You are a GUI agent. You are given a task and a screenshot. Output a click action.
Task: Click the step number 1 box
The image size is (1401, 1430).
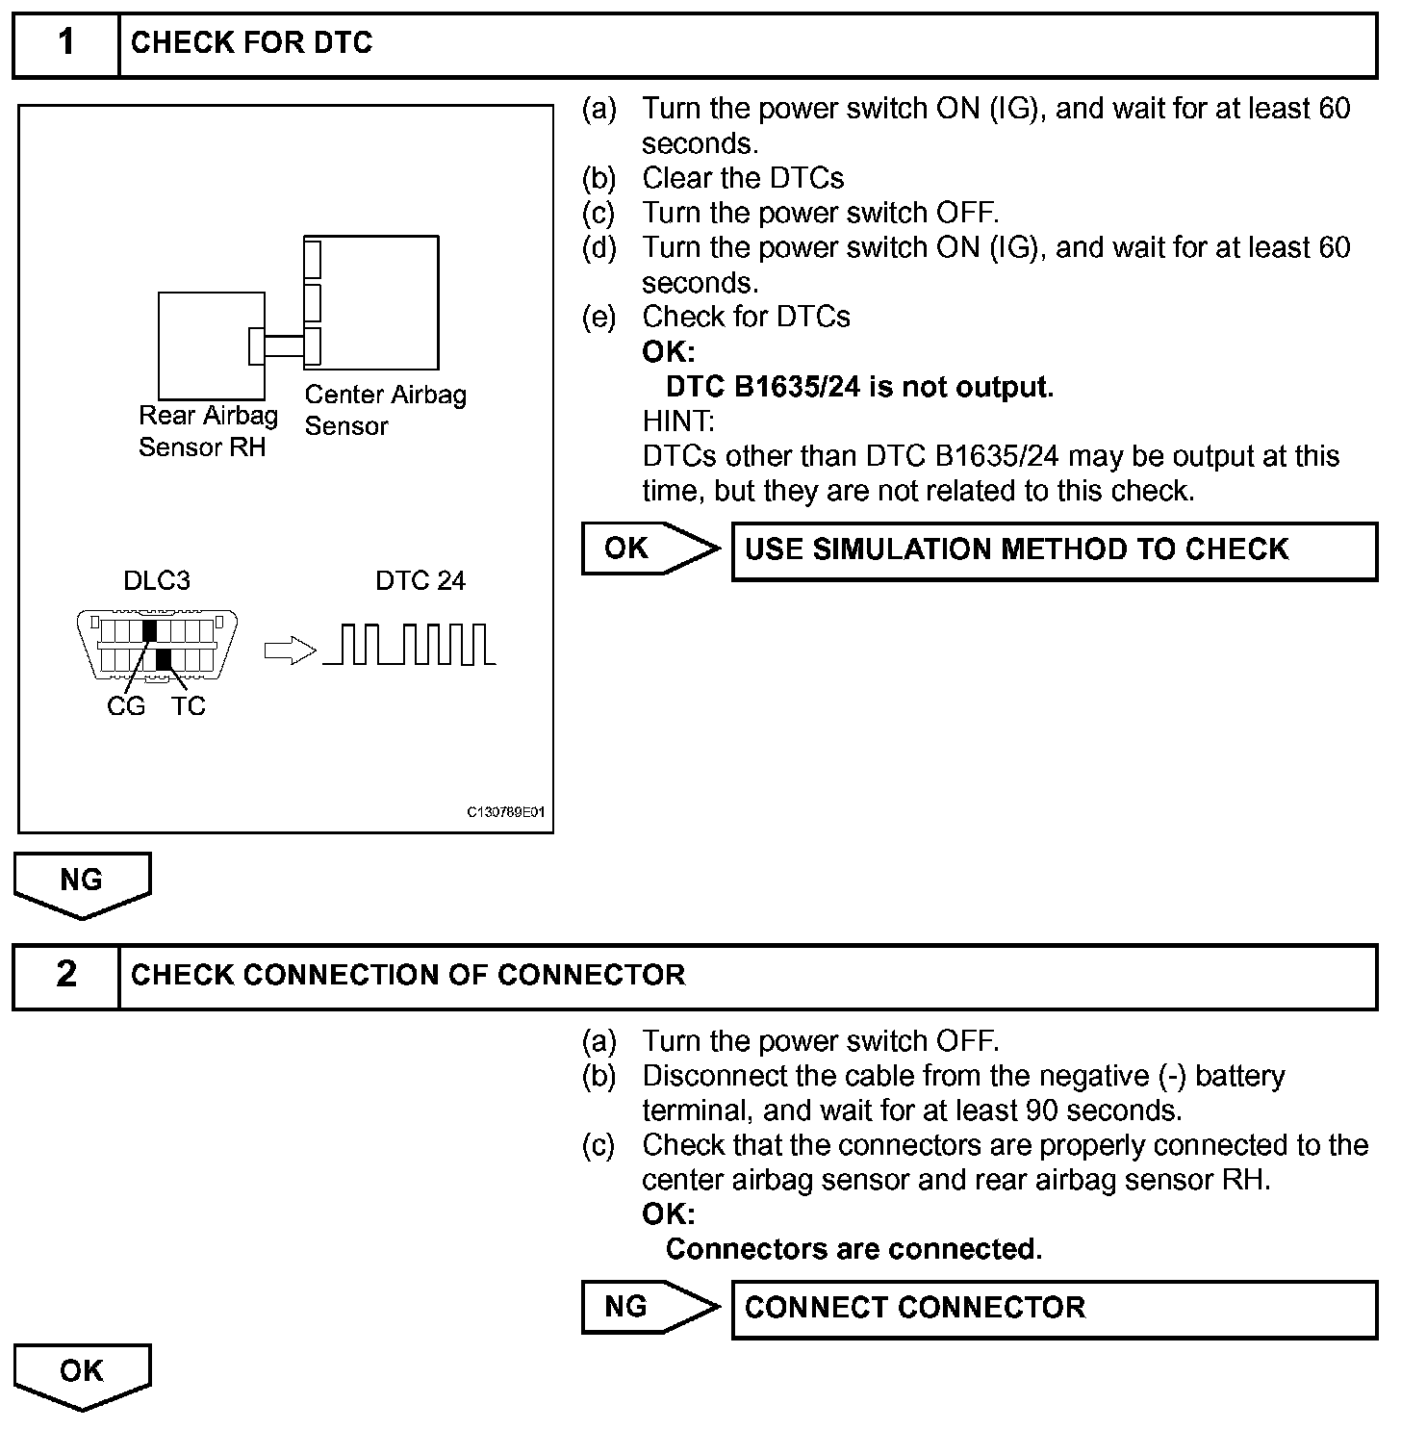coord(65,44)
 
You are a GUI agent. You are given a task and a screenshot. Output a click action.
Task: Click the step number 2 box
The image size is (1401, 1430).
coord(65,976)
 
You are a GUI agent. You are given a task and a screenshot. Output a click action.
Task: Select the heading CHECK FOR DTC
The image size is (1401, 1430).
coord(251,43)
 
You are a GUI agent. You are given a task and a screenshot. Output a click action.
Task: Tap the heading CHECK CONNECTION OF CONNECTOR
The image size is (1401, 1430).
coord(408,976)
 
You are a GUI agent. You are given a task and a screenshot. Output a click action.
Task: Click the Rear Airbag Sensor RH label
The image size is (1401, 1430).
coord(207,431)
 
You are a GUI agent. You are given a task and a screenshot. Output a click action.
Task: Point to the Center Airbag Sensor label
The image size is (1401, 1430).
coord(385,410)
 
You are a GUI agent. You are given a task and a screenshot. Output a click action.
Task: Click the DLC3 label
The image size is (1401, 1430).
coord(157,581)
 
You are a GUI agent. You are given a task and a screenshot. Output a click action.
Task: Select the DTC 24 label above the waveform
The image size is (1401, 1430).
coord(420,581)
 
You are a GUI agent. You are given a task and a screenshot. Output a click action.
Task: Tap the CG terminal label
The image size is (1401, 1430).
coord(125,706)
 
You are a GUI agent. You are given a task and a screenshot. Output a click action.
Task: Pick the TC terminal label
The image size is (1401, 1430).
coord(189,706)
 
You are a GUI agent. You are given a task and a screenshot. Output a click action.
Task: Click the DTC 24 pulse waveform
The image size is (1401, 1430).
coord(409,645)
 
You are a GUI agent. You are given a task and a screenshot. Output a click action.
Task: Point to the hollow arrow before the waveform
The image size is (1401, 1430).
coord(290,651)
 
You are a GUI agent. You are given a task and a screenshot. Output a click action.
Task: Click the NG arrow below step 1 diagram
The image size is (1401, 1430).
coord(82,882)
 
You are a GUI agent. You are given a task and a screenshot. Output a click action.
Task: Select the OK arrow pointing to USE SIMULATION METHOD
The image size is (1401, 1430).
coord(650,549)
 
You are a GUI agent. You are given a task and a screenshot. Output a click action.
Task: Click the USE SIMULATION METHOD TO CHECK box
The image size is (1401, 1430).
coord(1054,551)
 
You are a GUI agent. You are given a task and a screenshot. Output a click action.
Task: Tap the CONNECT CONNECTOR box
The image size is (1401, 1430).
coord(1054,1309)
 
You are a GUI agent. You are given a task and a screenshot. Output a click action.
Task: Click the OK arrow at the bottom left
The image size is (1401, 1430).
coord(82,1374)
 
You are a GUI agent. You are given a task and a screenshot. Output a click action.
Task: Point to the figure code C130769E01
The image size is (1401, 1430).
coord(506,813)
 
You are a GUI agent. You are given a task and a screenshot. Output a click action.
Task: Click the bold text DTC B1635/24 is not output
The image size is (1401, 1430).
coord(859,388)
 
